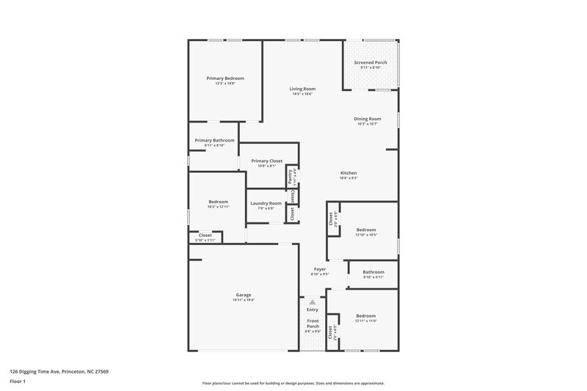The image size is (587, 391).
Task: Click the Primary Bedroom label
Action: click(x=225, y=78)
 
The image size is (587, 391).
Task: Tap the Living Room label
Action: click(x=302, y=89)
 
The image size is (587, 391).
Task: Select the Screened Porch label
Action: click(x=371, y=63)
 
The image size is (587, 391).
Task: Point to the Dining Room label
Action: click(x=368, y=119)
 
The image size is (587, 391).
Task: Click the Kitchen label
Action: click(x=348, y=172)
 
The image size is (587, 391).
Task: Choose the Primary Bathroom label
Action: click(x=214, y=140)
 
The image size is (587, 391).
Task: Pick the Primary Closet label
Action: click(x=266, y=161)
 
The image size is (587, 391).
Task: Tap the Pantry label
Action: click(x=291, y=176)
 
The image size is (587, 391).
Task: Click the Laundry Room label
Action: click(x=266, y=203)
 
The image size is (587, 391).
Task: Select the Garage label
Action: click(x=244, y=294)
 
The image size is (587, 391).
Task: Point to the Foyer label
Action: click(x=320, y=269)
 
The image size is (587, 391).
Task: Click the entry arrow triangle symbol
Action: click(x=313, y=302)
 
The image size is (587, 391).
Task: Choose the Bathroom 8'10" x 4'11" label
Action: click(x=373, y=272)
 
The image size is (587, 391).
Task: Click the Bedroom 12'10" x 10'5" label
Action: click(x=366, y=230)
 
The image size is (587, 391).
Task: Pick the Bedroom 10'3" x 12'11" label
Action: click(x=218, y=202)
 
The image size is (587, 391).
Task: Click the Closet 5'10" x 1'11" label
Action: click(x=205, y=235)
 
